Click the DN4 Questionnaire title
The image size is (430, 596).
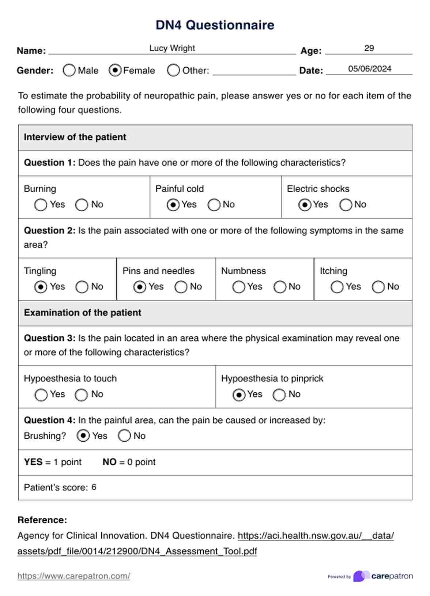pos(215,25)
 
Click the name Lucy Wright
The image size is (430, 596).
pos(172,48)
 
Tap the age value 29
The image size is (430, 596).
pos(369,48)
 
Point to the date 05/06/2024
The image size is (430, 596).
pos(369,69)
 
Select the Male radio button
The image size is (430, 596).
pos(69,70)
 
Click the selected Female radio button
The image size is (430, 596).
pos(115,70)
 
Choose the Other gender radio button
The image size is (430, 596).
pos(173,70)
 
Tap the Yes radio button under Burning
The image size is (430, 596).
pos(41,205)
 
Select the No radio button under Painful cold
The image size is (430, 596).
pos(214,205)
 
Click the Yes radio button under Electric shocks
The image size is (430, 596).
pos(305,205)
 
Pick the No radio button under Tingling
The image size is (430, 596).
pos(82,287)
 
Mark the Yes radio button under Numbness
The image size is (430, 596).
pos(238,287)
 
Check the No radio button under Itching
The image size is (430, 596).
pos(378,287)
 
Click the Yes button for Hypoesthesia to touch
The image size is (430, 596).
pos(41,395)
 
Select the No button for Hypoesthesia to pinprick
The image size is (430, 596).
pos(279,395)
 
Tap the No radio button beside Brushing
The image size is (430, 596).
pos(124,436)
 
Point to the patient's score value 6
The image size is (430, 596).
pos(94,487)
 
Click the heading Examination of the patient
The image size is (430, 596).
pos(83,313)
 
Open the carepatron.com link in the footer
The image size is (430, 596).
pos(73,576)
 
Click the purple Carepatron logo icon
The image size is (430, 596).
pos(361,576)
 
